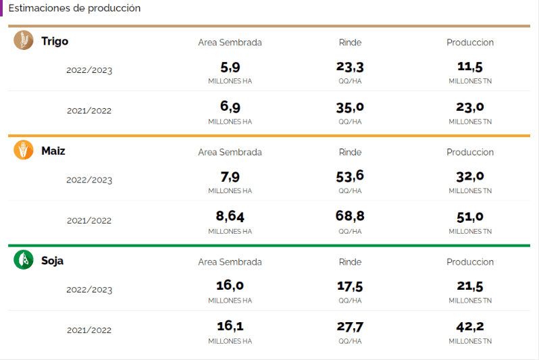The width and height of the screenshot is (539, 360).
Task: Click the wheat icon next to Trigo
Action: (24, 41)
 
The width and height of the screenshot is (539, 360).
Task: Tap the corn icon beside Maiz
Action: (24, 150)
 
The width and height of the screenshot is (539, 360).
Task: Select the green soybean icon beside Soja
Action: (24, 259)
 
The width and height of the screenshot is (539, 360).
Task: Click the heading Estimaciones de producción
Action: (74, 8)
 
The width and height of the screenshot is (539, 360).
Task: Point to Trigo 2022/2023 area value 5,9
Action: (230, 67)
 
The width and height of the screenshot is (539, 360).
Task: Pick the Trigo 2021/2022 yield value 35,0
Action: (350, 107)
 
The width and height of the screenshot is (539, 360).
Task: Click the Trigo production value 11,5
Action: (470, 67)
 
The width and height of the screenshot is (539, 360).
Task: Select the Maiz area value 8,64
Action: (230, 217)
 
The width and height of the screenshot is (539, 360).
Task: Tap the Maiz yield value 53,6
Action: (350, 176)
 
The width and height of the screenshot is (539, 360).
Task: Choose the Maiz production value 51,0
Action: (470, 217)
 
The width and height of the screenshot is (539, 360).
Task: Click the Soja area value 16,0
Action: (230, 286)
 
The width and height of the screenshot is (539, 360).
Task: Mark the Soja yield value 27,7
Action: (350, 327)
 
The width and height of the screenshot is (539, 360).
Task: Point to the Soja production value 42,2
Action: (470, 327)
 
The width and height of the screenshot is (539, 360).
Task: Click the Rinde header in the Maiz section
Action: (350, 152)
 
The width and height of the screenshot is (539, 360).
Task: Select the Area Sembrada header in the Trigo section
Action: (230, 43)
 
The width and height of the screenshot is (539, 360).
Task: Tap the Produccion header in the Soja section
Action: (470, 262)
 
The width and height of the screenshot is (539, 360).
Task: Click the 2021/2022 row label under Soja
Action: (89, 330)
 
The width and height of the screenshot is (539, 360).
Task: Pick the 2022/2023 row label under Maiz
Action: (89, 180)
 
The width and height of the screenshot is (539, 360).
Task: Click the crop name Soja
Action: (53, 260)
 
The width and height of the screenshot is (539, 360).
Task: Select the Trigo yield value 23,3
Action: (350, 67)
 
